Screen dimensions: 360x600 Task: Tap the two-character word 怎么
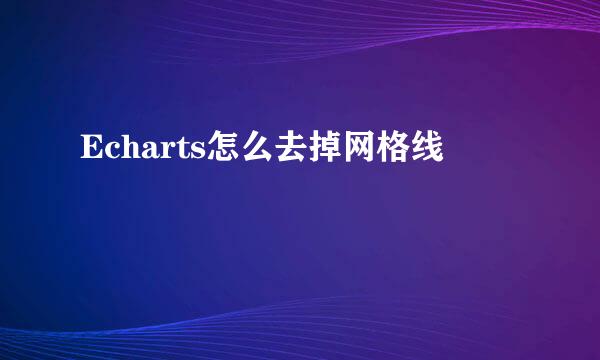pyautogui.click(x=238, y=151)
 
